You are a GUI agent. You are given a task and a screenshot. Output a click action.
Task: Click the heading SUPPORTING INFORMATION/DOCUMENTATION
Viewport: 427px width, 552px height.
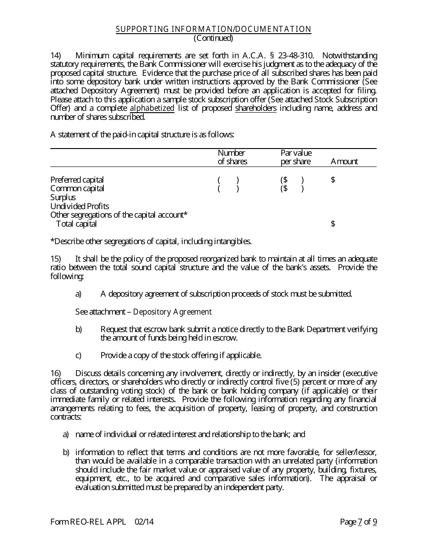(x=213, y=29)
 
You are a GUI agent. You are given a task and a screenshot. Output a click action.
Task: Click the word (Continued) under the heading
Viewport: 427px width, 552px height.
(x=213, y=38)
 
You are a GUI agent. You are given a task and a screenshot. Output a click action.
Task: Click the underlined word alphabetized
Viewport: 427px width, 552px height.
(x=152, y=108)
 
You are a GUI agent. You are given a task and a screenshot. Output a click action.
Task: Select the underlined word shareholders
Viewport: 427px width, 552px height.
(x=256, y=108)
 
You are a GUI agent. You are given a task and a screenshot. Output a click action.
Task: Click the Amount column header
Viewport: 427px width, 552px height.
(x=344, y=162)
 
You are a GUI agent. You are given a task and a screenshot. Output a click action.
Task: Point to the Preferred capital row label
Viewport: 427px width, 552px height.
(x=77, y=180)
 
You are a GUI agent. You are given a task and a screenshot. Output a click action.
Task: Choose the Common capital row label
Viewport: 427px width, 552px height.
(x=77, y=188)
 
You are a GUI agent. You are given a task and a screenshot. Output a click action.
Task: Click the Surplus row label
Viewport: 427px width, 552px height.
(x=63, y=197)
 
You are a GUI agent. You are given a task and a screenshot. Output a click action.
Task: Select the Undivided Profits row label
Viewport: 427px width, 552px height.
(x=80, y=206)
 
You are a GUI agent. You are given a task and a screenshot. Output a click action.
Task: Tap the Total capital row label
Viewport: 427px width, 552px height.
(x=76, y=224)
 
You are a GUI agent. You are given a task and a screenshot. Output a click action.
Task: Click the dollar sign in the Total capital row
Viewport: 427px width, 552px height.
(x=333, y=224)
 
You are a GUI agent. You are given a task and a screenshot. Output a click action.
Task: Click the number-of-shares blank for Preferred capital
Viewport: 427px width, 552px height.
(x=228, y=180)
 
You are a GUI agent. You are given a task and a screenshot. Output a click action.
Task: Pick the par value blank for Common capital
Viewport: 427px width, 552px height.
(x=292, y=188)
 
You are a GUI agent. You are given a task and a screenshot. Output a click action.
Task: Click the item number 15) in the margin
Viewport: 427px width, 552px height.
(x=55, y=259)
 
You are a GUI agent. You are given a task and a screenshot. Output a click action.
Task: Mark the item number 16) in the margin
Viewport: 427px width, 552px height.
(x=55, y=373)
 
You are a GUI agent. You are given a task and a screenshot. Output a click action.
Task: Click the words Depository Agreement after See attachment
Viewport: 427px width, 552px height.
(x=172, y=312)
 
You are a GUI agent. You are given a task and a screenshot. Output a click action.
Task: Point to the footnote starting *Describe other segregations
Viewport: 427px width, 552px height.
(x=151, y=241)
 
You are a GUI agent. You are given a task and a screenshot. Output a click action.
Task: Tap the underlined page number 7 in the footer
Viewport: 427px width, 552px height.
(x=360, y=522)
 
